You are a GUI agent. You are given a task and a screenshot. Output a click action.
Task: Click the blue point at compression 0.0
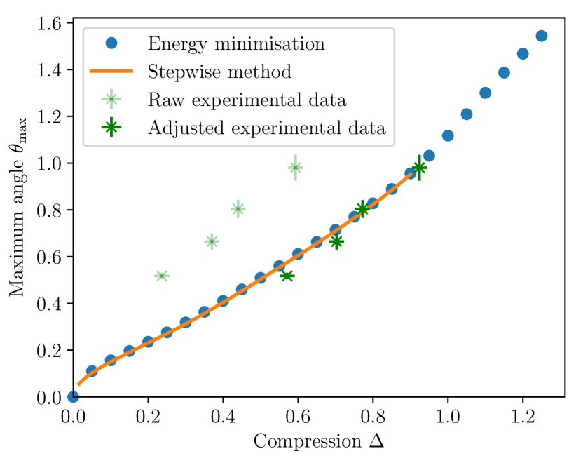[73, 396]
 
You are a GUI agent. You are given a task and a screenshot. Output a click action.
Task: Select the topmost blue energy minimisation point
[541, 36]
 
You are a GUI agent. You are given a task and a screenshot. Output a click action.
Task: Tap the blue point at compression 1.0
[448, 135]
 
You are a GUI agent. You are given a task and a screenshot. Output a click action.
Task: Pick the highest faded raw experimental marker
[296, 167]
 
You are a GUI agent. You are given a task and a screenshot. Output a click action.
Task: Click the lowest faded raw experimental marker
[162, 276]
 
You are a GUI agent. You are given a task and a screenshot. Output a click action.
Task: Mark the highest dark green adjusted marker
[419, 167]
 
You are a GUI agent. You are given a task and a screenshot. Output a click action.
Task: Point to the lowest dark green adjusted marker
[287, 276]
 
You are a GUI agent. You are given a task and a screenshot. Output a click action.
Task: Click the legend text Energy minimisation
[236, 43]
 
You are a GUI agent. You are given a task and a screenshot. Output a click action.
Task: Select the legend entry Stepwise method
[219, 72]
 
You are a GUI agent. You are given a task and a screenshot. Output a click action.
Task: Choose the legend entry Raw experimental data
[247, 100]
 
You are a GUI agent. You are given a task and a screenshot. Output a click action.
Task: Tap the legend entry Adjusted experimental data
[266, 128]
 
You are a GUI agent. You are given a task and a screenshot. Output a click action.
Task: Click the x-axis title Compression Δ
[318, 442]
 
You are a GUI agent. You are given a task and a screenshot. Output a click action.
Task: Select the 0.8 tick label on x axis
[373, 415]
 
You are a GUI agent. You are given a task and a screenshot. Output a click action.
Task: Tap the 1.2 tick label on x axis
[522, 415]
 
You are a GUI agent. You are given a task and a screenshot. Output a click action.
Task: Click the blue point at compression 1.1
[485, 93]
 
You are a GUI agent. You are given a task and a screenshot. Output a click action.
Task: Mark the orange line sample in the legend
[111, 72]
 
